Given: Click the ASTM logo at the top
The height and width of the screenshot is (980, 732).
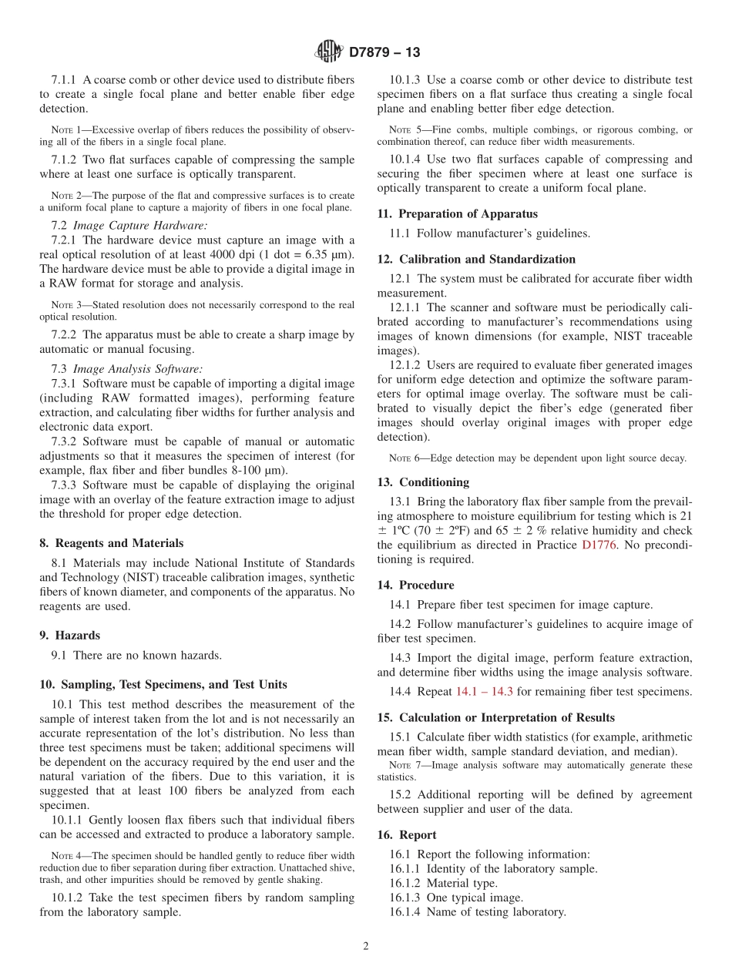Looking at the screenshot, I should click(x=329, y=52).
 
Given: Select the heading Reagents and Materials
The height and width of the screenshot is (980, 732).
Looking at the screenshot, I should click(x=119, y=543).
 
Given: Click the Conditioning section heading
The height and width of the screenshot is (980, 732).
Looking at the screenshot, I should click(x=434, y=482).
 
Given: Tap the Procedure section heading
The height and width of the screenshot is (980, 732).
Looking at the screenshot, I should click(x=426, y=585).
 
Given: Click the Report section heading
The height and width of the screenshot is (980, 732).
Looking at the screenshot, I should click(x=417, y=834).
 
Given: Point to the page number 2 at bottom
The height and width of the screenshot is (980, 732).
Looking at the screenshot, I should click(x=366, y=947).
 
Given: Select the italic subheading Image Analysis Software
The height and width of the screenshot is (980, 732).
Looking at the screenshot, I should click(x=141, y=369).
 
